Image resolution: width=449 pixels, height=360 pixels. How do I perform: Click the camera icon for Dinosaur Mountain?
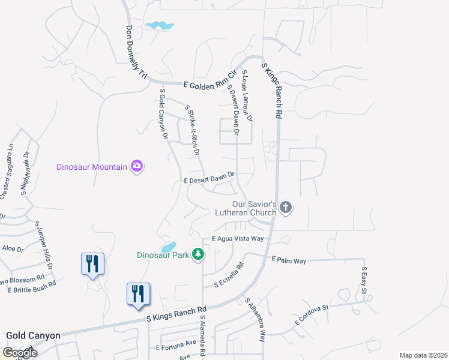pos(137,166)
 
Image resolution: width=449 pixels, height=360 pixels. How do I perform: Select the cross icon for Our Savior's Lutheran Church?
pos(286,208)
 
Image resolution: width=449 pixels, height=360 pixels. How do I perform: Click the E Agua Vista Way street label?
pos(238,239)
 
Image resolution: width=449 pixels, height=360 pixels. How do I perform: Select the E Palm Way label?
pos(289,260)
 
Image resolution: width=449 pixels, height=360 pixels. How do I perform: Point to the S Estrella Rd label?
pos(224,275)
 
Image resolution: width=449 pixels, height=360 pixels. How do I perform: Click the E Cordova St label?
pos(312,315)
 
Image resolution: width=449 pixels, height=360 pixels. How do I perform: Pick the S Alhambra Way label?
pos(255,319)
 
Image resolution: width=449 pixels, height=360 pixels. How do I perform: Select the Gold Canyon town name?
pos(32,335)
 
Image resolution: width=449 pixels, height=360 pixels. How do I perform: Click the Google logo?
pos(20,353)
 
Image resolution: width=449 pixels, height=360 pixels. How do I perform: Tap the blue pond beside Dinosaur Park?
pos(169,247)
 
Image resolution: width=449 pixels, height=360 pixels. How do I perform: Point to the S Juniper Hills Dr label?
pos(44,245)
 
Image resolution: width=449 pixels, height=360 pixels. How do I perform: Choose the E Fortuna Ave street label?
pos(176,347)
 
